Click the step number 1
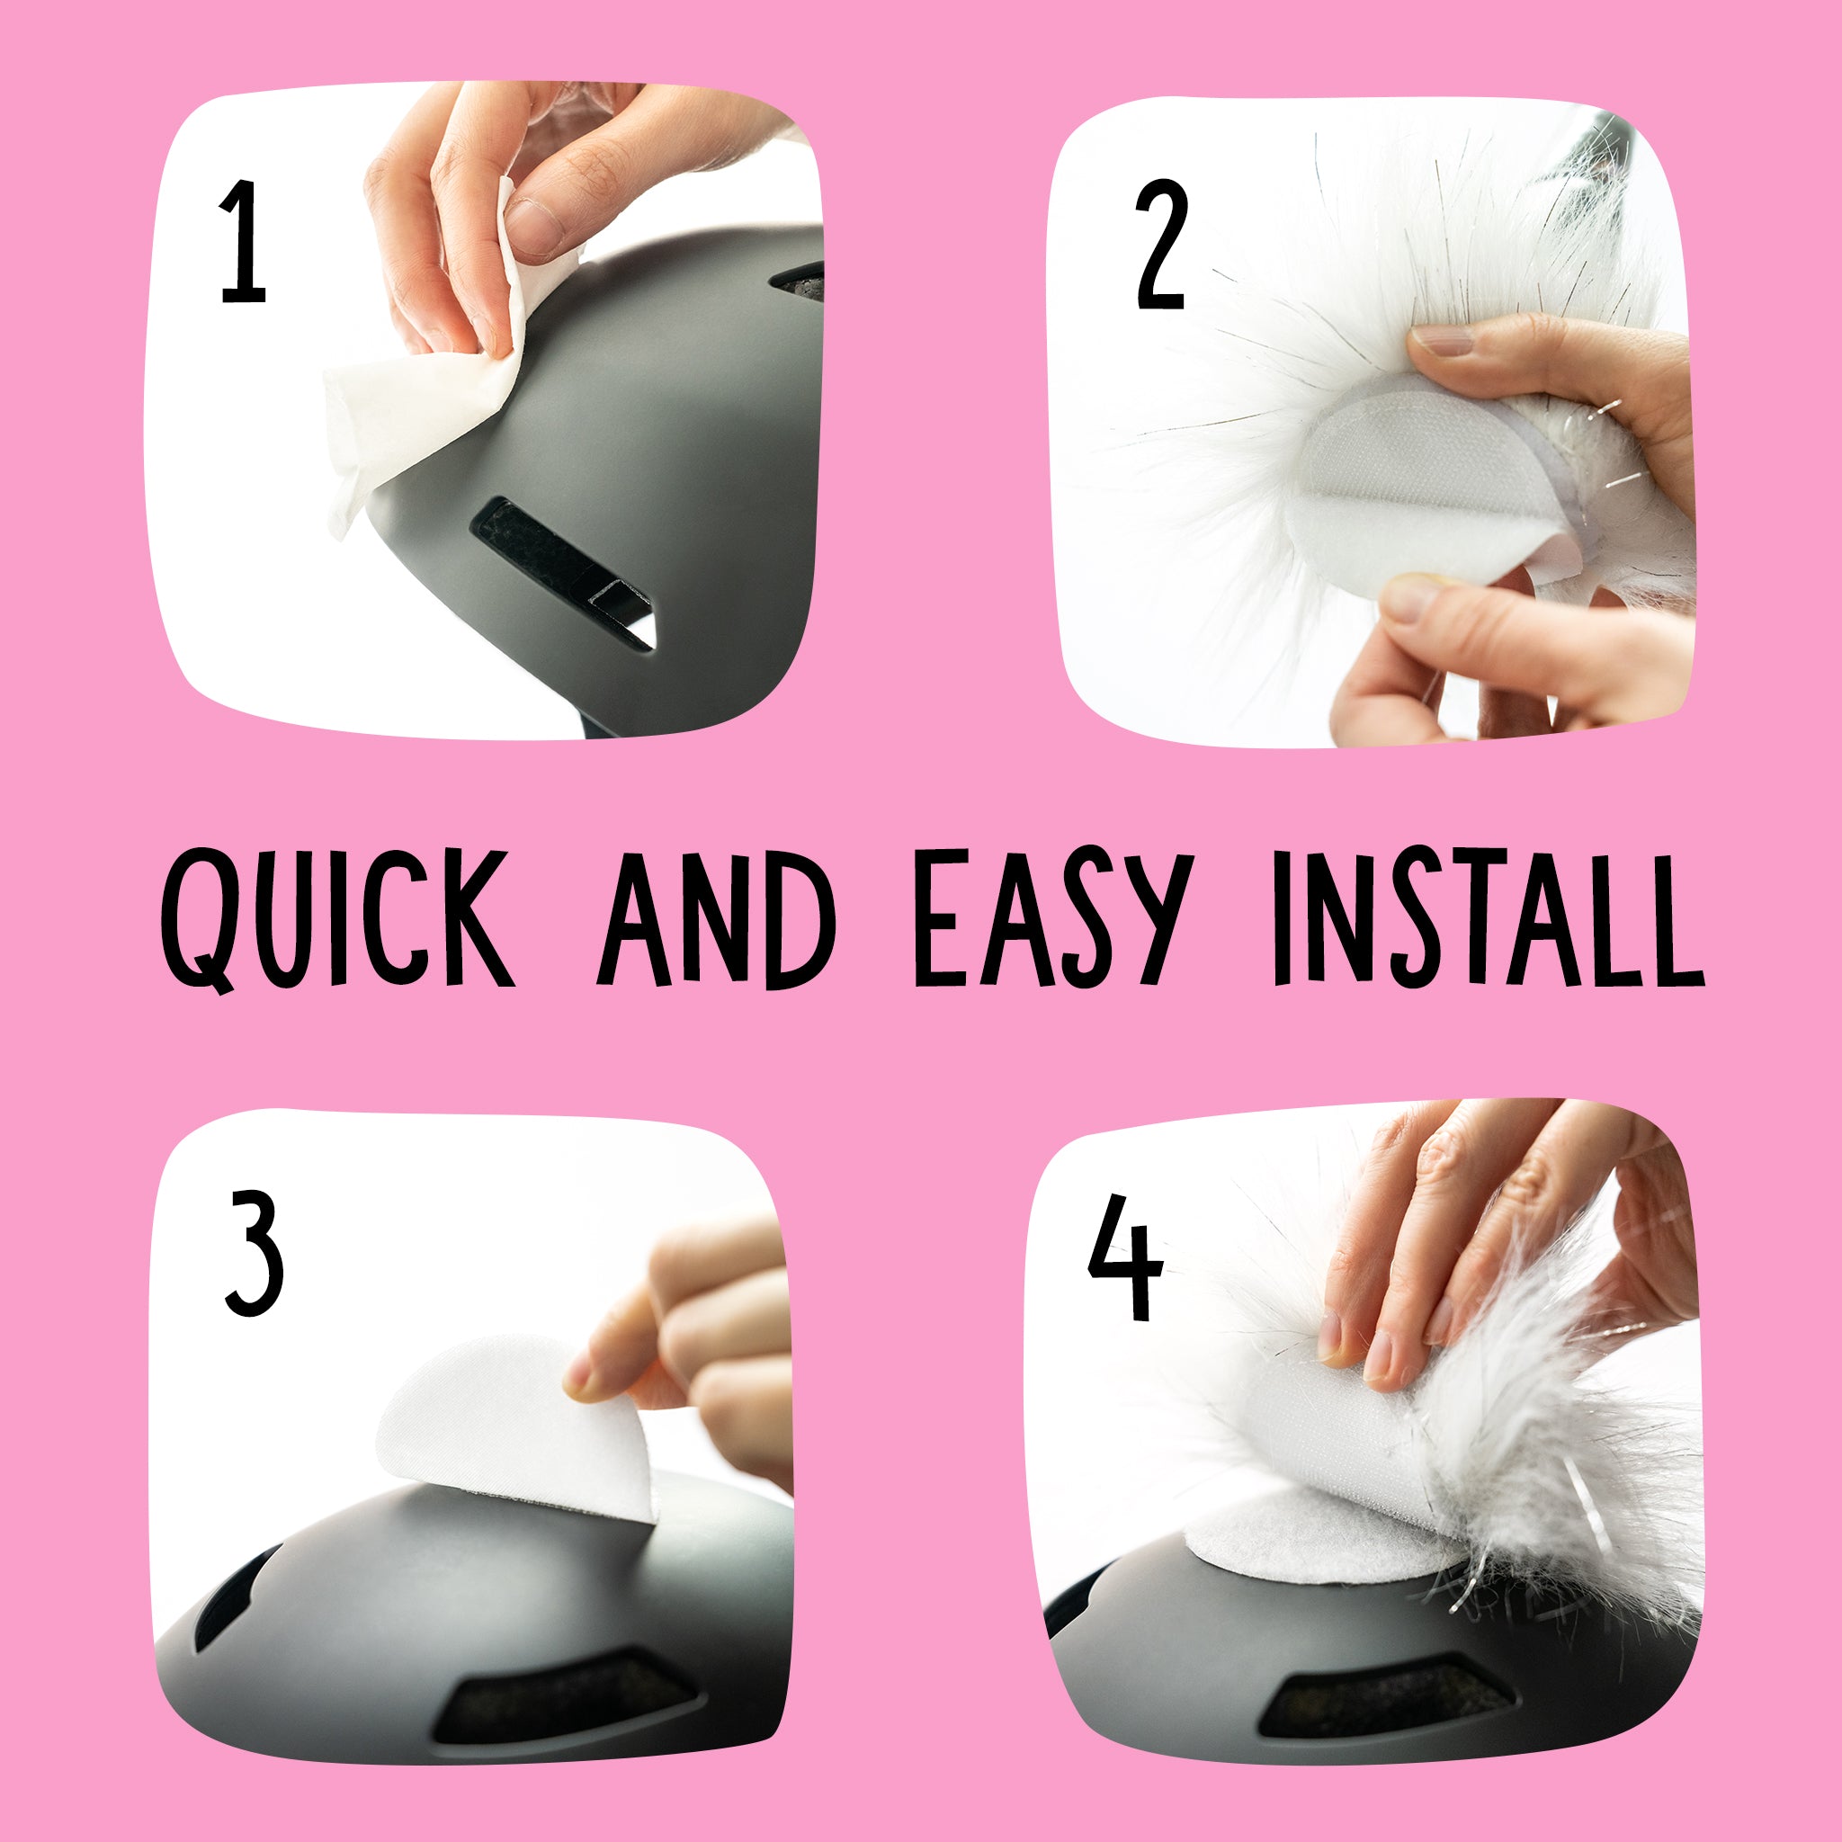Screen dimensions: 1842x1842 coord(243,242)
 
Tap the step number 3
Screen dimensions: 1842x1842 coord(255,1252)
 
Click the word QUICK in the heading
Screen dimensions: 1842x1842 coord(337,919)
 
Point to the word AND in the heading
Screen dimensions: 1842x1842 coord(716,919)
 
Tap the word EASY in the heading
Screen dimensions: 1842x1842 coord(1051,919)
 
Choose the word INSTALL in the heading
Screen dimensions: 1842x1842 coord(1487,919)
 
